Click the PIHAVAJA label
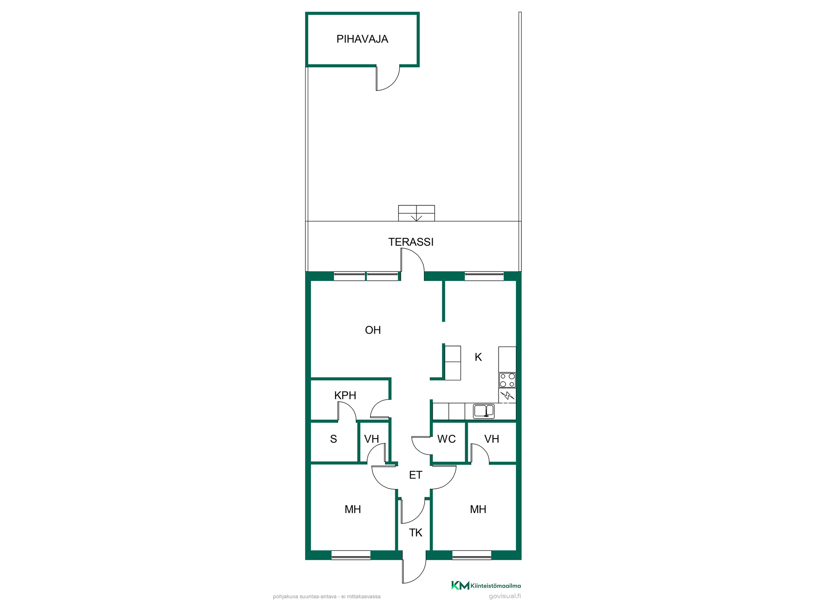click(x=362, y=39)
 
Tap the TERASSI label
click(x=411, y=242)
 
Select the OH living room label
click(x=373, y=330)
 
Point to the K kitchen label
click(x=478, y=357)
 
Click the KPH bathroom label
click(x=345, y=395)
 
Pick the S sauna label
click(x=334, y=439)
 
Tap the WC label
click(x=446, y=439)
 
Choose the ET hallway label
click(x=416, y=475)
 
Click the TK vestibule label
click(x=416, y=533)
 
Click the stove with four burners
click(x=507, y=380)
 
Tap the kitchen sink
click(x=484, y=411)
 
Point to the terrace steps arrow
click(x=416, y=217)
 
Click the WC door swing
click(x=421, y=446)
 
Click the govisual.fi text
click(x=505, y=596)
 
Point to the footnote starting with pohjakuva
click(x=327, y=597)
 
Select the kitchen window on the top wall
click(x=484, y=276)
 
